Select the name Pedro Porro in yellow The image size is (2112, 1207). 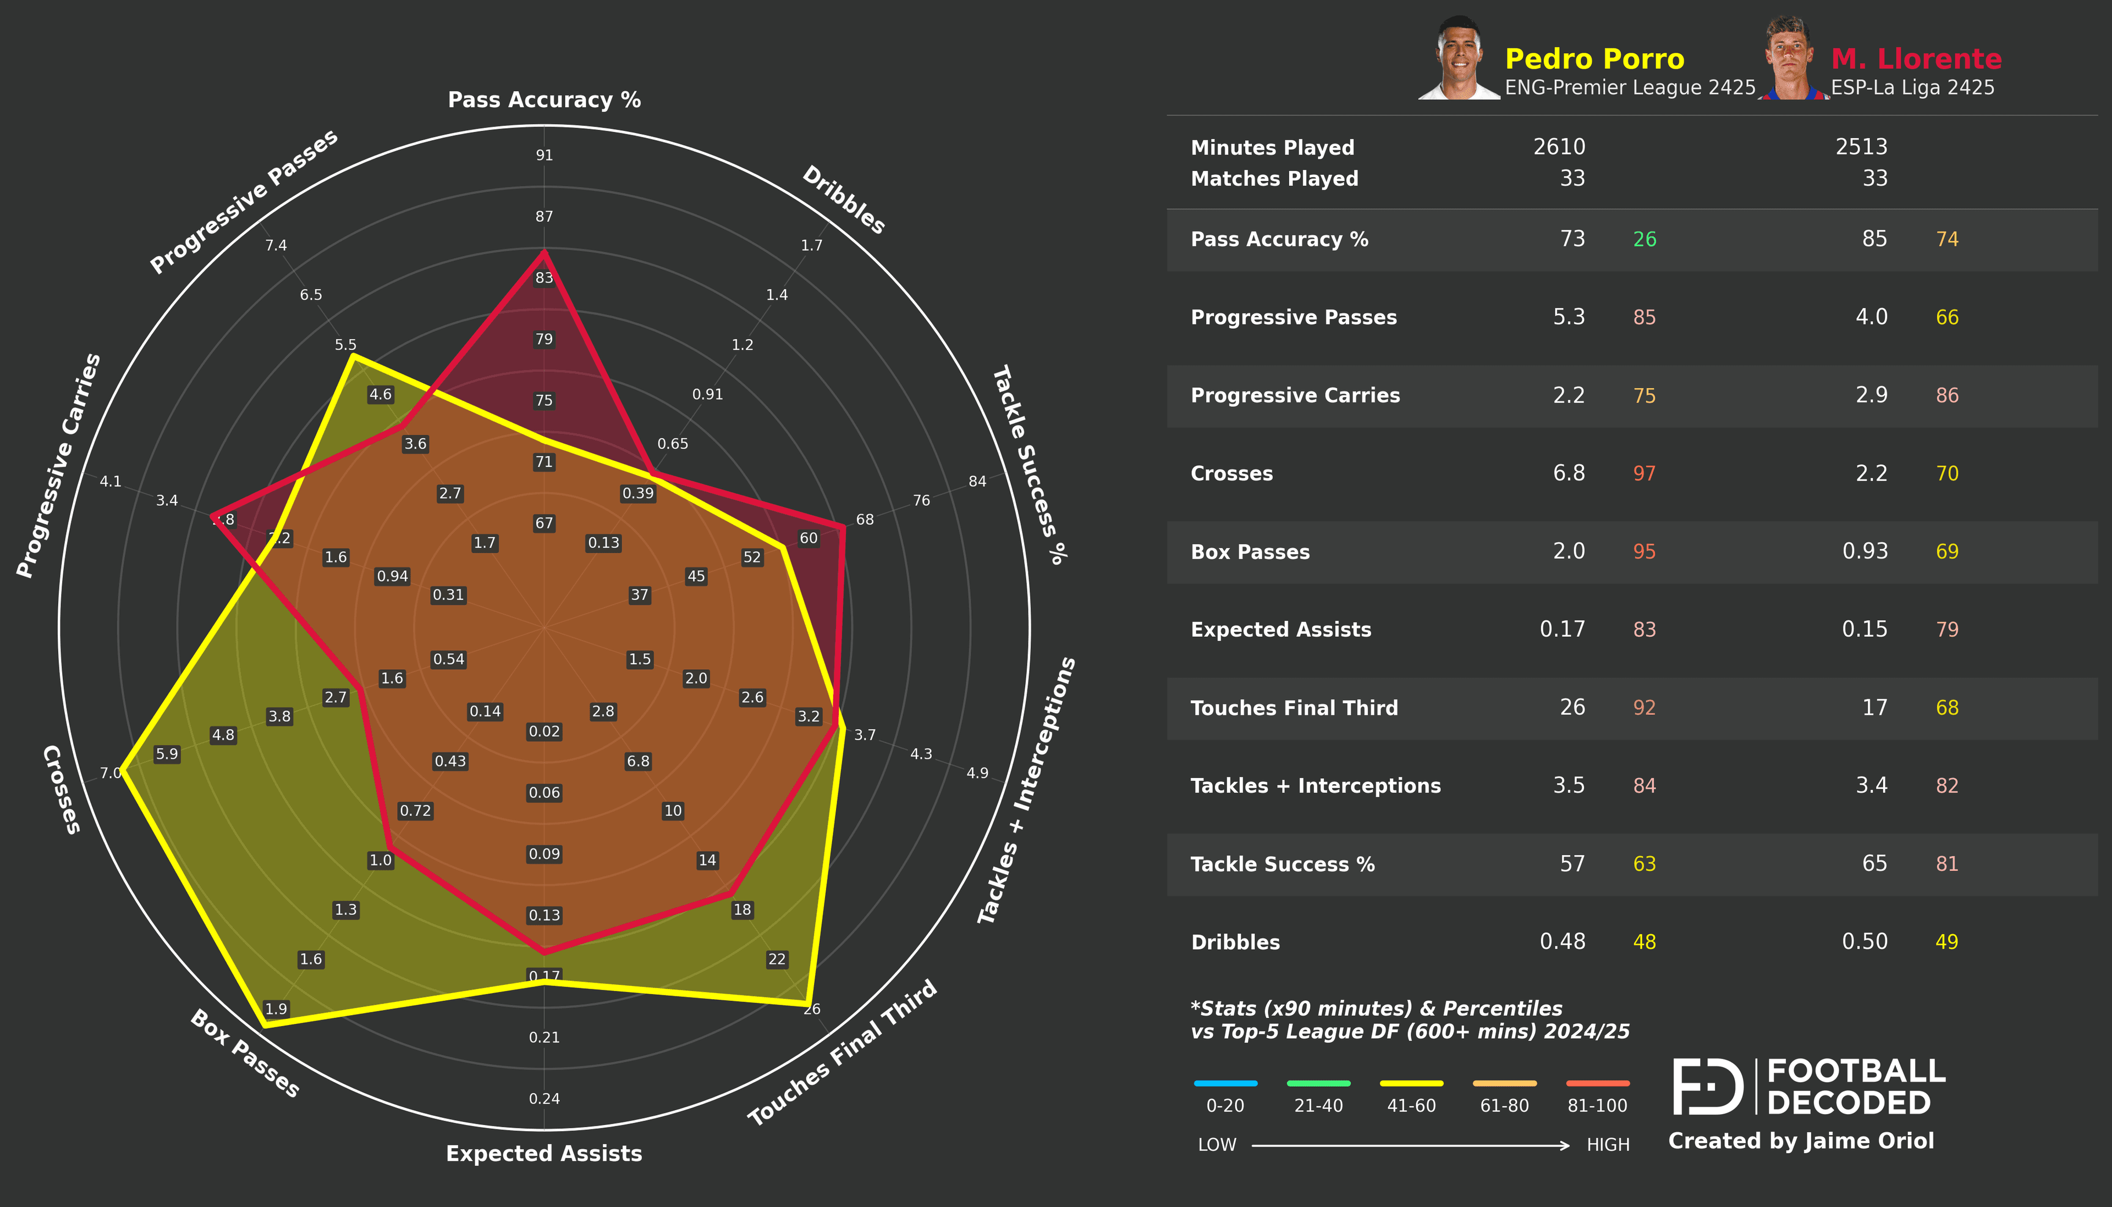[1594, 59]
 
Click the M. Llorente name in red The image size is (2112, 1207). [1916, 59]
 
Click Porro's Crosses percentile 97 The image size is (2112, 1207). [1644, 473]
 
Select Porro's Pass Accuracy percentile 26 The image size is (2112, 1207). [1644, 240]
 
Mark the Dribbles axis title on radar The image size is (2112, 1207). [844, 200]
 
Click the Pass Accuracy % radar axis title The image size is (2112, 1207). [544, 100]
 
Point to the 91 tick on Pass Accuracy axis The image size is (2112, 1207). [544, 155]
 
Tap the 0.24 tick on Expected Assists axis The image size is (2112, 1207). [544, 1099]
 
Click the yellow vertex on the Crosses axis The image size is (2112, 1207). [123, 768]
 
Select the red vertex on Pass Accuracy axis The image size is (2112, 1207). [544, 251]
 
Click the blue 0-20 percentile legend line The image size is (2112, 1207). [1225, 1083]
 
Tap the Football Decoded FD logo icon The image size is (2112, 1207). [1708, 1086]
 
